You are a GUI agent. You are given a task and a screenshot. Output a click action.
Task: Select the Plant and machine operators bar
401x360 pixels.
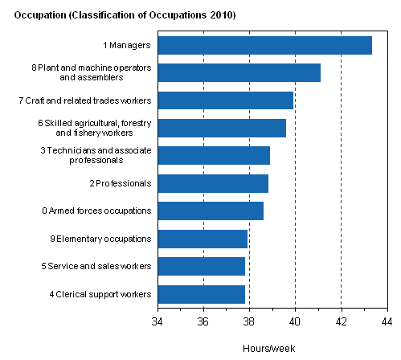click(239, 72)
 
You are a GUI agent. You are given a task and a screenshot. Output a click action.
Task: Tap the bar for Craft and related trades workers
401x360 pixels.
click(225, 100)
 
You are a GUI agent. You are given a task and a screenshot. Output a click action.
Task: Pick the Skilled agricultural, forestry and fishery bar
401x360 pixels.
click(222, 128)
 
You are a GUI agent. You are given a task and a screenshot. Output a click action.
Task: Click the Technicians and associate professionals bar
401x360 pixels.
click(214, 155)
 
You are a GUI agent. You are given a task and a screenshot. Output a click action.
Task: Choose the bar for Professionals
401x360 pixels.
click(213, 183)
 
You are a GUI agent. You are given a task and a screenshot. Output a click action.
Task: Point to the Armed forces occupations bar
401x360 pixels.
click(211, 211)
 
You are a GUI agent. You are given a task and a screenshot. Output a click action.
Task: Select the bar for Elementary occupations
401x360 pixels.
click(203, 239)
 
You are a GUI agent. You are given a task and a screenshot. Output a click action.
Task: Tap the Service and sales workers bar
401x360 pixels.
click(201, 266)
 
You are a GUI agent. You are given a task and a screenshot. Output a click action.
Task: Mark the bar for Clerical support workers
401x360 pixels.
click(201, 294)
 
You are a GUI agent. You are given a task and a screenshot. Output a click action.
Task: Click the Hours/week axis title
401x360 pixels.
click(272, 348)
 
